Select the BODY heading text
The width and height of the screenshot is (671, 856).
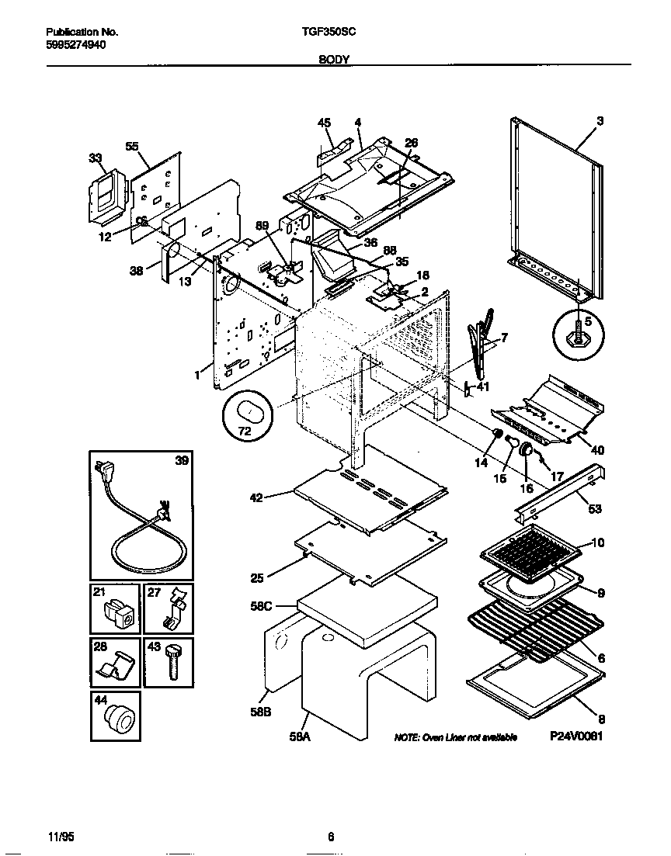(335, 59)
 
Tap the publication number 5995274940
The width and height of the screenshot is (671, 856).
(76, 45)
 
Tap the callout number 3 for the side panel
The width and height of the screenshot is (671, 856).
(600, 121)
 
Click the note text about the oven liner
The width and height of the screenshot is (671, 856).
(455, 737)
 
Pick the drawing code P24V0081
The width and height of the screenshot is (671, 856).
(576, 736)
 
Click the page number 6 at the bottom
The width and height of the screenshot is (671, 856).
(331, 837)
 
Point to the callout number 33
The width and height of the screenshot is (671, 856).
(96, 158)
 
